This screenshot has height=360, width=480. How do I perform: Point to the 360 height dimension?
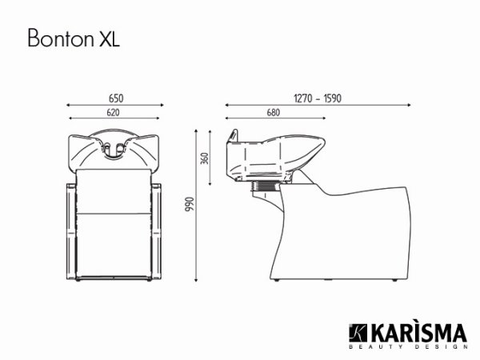pyautogui.click(x=206, y=158)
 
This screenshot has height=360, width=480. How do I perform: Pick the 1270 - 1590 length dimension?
pyautogui.click(x=318, y=98)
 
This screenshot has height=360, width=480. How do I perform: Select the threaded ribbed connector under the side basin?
pyautogui.click(x=265, y=187)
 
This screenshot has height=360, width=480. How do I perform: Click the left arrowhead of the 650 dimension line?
pyautogui.click(x=67, y=105)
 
